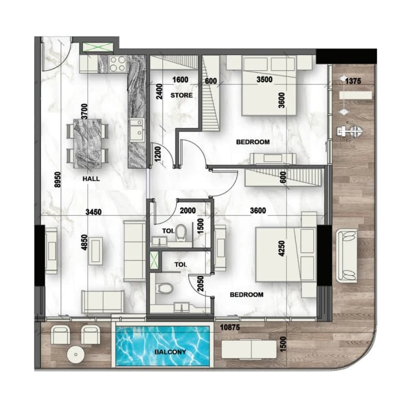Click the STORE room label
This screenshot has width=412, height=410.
[x=181, y=95]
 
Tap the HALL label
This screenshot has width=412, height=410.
[x=91, y=179]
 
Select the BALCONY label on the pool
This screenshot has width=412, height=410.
[x=170, y=352]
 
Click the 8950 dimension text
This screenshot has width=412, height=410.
[x=58, y=180]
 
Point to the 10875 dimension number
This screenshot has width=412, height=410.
[x=230, y=327]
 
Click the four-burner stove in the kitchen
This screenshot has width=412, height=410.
[x=117, y=64]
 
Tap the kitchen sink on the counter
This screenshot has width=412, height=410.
[x=137, y=130]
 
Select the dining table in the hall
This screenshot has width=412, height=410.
[x=87, y=143]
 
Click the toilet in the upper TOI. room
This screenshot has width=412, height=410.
[x=181, y=232]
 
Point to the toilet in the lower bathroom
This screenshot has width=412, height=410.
[x=165, y=289]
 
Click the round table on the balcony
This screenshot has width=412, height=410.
[x=76, y=355]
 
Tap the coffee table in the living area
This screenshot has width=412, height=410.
[x=96, y=251]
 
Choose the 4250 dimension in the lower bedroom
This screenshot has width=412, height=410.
[x=282, y=248]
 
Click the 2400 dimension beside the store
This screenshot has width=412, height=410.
[x=159, y=91]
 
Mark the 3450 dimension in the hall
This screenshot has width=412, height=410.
[x=93, y=212]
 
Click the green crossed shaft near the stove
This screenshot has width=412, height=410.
[x=98, y=48]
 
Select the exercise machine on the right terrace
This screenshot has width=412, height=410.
[x=350, y=131]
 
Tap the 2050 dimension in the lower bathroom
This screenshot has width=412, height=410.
[x=200, y=283]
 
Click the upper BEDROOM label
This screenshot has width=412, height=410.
[x=253, y=142]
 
